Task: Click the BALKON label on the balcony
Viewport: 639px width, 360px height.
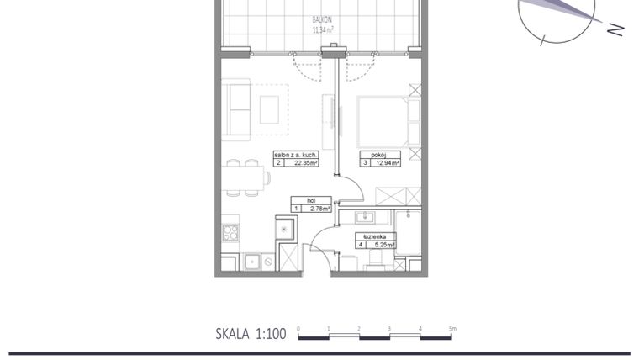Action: (320, 18)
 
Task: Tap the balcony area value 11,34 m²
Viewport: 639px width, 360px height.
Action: (323, 29)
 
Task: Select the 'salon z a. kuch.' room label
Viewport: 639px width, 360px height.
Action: (295, 155)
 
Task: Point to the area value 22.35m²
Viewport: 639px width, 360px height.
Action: (301, 163)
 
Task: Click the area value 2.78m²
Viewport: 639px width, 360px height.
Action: (319, 209)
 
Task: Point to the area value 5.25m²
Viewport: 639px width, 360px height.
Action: (383, 246)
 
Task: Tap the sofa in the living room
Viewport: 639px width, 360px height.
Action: (236, 109)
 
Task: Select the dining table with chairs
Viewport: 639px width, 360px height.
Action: (243, 177)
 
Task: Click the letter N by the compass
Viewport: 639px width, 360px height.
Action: (616, 29)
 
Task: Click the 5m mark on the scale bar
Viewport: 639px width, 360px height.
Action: (452, 328)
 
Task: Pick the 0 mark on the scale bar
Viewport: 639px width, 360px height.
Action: (298, 328)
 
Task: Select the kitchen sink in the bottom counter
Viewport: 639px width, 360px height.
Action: (251, 262)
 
